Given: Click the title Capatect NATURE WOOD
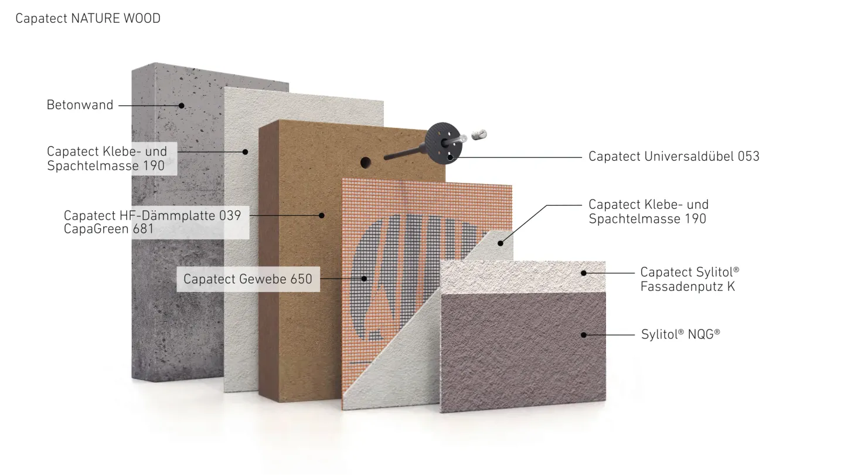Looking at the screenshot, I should [88, 19].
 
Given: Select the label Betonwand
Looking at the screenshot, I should [80, 106].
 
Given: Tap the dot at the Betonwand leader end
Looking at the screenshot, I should [182, 106].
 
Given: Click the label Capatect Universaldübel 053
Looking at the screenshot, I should [674, 157].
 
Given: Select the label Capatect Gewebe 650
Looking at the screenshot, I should [248, 279].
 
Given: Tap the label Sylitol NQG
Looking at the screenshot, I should [680, 334].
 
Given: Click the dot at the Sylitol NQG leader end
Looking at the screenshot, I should [584, 334].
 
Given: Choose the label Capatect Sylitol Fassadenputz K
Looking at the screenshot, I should [689, 279].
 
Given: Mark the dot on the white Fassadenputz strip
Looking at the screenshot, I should [584, 272].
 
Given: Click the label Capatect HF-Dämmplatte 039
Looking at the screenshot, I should [152, 215].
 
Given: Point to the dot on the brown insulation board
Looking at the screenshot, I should [322, 215].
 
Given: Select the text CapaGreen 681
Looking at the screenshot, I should [108, 229].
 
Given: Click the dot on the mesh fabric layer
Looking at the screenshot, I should [364, 279].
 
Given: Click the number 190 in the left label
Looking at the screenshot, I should [154, 165].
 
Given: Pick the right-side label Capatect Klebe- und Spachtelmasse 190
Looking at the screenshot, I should [648, 212].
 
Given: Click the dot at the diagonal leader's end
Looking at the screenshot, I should [501, 242].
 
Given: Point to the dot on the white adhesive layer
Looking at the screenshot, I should [246, 151].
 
